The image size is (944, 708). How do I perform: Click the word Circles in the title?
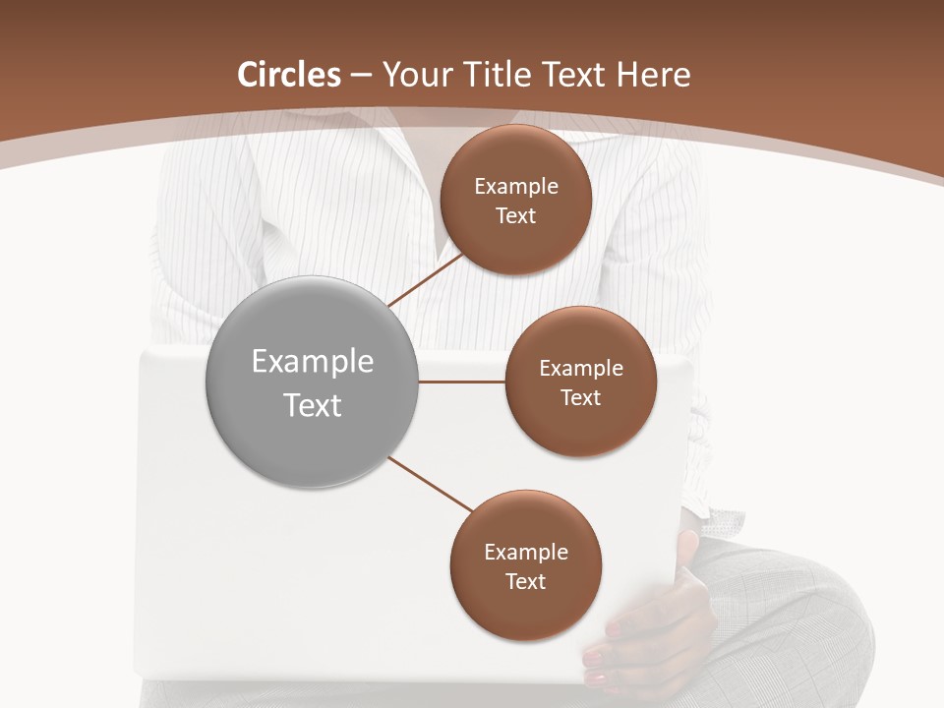(289, 75)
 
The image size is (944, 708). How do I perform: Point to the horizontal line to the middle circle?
(462, 382)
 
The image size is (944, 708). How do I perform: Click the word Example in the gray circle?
(313, 362)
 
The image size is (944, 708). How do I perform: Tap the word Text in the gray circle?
(313, 405)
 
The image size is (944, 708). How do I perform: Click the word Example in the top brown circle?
(516, 187)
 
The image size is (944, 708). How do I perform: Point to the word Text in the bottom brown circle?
(526, 581)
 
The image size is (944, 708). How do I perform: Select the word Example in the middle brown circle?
(581, 369)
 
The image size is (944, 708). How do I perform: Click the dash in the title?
(361, 75)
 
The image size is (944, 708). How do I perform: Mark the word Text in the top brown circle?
(516, 216)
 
